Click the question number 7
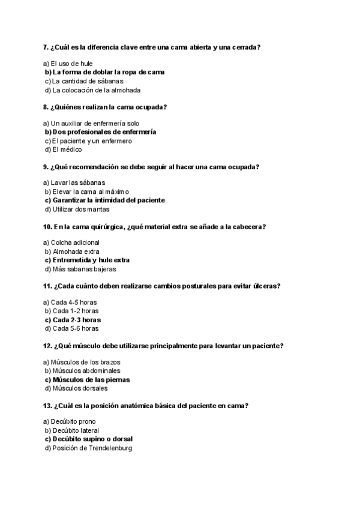pyautogui.click(x=46, y=47)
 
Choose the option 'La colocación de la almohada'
pyautogui.click(x=92, y=90)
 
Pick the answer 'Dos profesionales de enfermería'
pyautogui.click(x=100, y=131)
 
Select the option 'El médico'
pyautogui.click(x=63, y=149)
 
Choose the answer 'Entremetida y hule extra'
pyautogui.click(x=87, y=260)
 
